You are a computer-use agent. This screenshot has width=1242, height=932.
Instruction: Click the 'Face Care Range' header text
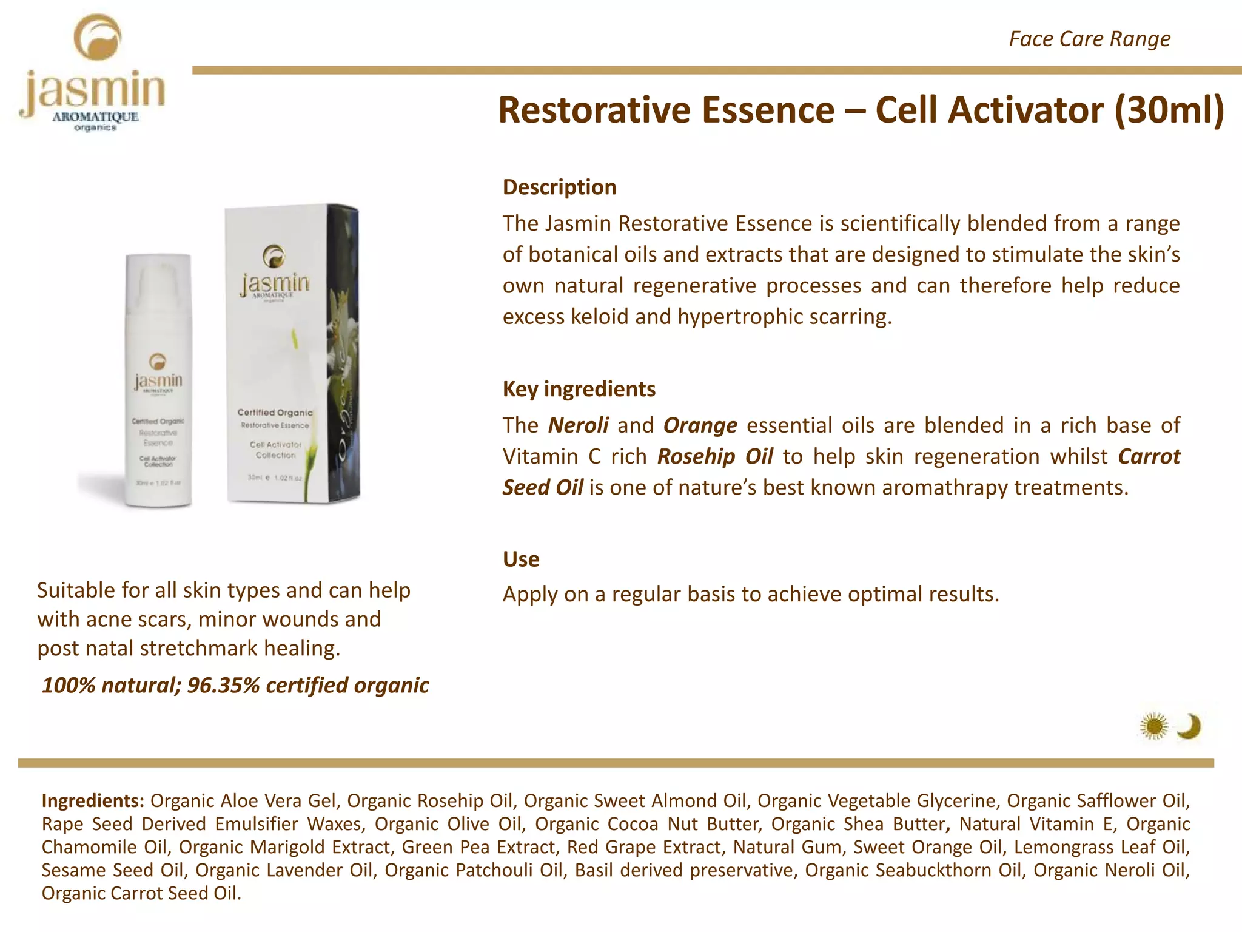1089,39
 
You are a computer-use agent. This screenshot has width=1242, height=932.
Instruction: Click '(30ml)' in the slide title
1169,110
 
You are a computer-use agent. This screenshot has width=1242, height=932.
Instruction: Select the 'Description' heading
559,187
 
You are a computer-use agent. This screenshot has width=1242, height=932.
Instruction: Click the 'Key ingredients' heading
579,389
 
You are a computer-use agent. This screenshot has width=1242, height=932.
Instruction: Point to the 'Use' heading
520,559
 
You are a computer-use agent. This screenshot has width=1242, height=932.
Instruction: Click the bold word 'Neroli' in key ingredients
578,425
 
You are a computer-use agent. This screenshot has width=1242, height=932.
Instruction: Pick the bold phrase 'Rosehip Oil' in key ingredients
714,456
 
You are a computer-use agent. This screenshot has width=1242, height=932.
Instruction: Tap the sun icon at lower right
1153,726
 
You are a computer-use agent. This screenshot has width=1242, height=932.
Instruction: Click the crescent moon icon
1189,726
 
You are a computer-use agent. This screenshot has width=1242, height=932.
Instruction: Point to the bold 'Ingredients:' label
92,801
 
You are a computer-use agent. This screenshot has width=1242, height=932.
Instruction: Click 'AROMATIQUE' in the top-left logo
95,116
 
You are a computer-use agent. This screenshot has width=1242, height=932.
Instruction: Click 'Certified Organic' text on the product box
275,413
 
